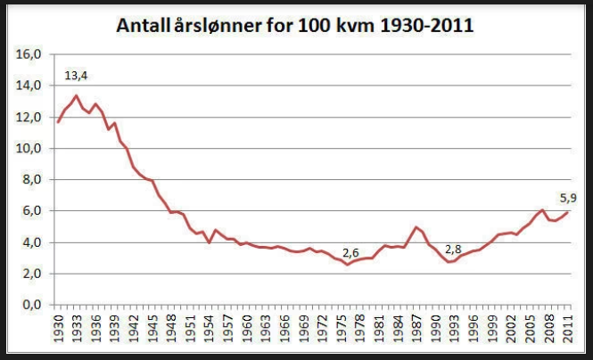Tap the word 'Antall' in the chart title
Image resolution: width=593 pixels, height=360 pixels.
coord(144,26)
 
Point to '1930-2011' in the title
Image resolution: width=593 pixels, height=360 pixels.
coord(427,26)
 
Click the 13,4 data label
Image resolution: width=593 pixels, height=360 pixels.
coord(76,76)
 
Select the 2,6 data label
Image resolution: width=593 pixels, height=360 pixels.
coord(350,253)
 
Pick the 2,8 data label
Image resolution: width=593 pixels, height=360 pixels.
coord(453,250)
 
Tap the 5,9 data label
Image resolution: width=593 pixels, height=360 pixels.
coord(568,198)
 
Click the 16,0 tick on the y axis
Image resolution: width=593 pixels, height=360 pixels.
coord(29,54)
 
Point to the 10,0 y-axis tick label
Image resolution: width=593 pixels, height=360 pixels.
coord(29,149)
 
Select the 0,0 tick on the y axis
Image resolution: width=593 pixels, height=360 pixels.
coord(32,305)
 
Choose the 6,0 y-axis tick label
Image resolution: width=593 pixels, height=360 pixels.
coord(32,211)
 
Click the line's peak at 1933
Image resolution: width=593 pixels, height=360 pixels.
coord(77,95)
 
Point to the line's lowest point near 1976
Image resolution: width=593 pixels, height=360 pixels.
coord(347,265)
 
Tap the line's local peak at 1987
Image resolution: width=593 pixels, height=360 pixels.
coord(416,227)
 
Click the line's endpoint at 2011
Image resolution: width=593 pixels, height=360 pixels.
coord(568,212)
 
